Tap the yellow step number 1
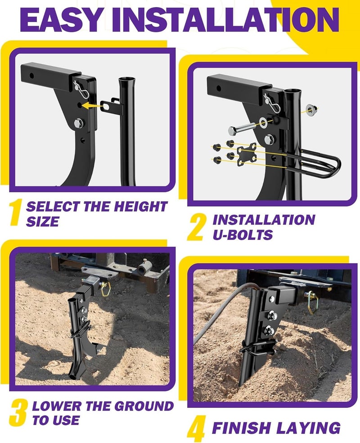click(x=17, y=213)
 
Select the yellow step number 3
click(x=18, y=413)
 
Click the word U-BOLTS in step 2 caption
click(x=243, y=234)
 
